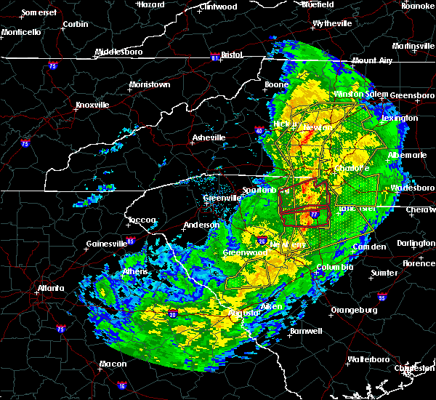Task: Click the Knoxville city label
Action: click(92, 105)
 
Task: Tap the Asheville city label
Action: click(209, 137)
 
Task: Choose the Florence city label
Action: click(420, 263)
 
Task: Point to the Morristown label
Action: click(149, 85)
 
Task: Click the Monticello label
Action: click(21, 33)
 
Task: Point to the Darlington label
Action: click(416, 244)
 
